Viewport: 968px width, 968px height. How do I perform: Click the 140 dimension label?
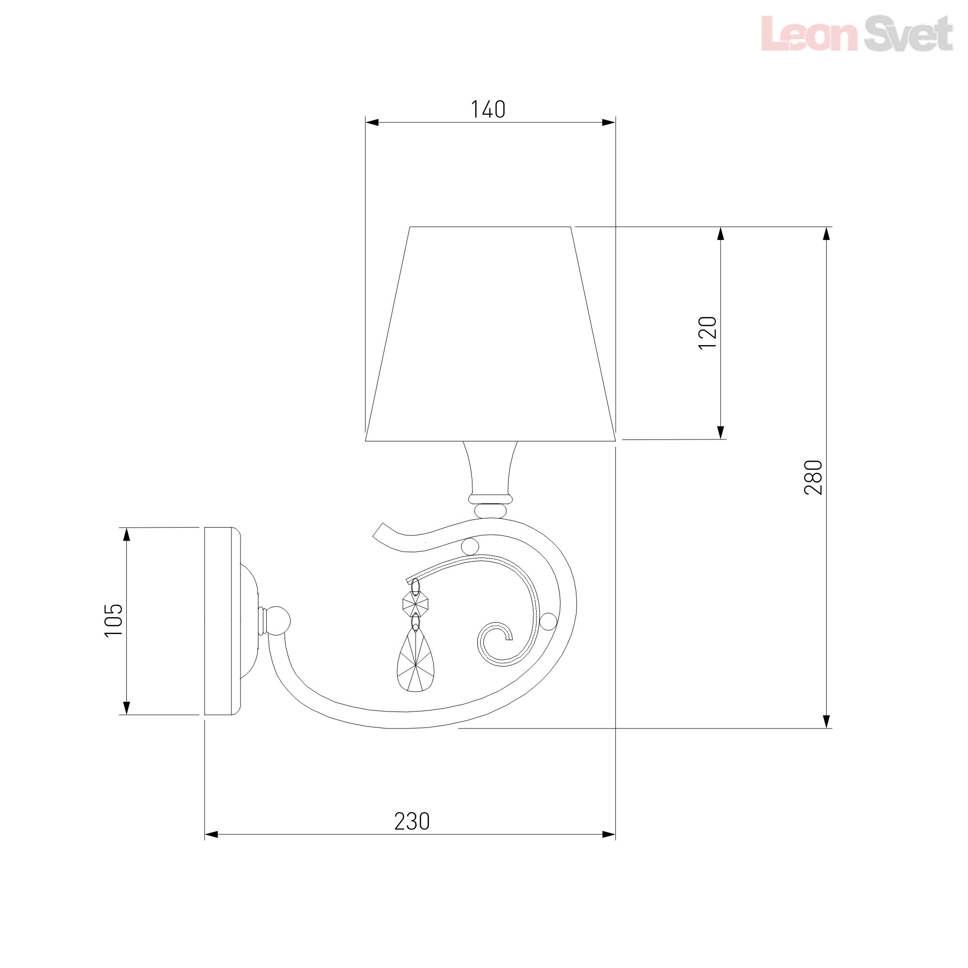pos(487,109)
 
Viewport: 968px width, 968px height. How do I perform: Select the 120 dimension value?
pos(708,333)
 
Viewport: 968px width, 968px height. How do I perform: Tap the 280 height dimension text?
pos(813,477)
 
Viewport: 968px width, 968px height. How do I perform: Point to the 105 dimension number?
pos(113,620)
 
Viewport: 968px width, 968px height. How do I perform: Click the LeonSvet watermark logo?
pos(857,33)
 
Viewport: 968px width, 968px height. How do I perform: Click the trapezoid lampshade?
pos(490,333)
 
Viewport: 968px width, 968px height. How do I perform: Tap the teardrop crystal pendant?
pos(415,661)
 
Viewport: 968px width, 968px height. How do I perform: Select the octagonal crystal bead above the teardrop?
pos(415,604)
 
